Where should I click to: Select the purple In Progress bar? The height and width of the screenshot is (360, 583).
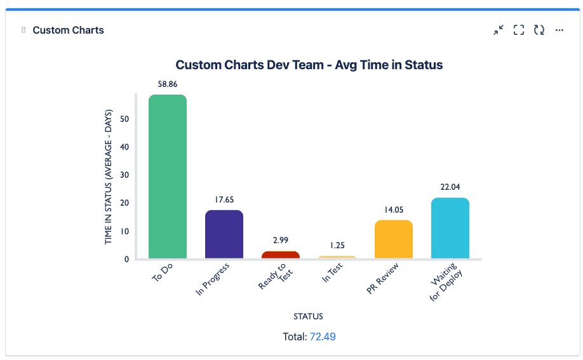[224, 234]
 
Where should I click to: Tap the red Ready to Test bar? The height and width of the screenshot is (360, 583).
[280, 255]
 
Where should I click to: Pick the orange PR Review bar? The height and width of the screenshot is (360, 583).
[394, 239]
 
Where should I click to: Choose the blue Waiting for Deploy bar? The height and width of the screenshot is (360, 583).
[450, 228]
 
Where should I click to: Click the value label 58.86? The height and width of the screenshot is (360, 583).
[167, 84]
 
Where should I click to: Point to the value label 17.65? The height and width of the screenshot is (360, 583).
[224, 199]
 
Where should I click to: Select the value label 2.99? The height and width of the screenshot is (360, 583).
[280, 241]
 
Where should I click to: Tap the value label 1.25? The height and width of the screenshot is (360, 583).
[337, 245]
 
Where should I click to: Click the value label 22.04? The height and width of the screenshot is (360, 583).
[450, 187]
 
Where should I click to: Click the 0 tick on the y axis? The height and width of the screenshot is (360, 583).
[126, 259]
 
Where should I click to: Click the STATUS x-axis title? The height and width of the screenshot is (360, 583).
[308, 316]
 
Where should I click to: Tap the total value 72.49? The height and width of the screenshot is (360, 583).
[323, 337]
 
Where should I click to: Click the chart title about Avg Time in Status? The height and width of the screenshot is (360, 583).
[309, 65]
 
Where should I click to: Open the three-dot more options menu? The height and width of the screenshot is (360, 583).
[560, 30]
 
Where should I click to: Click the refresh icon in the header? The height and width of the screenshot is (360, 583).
[539, 30]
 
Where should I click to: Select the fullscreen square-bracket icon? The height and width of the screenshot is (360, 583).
[519, 30]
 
